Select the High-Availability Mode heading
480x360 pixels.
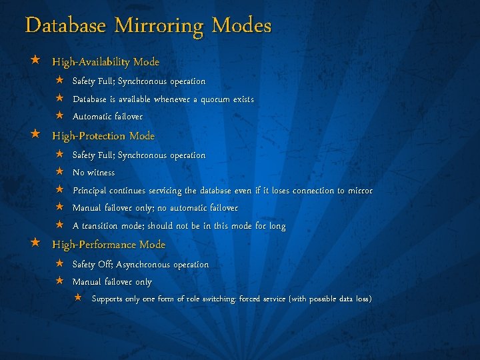pos(106,62)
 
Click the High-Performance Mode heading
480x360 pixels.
pos(109,245)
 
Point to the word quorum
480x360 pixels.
pos(210,99)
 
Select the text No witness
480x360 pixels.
pos(93,173)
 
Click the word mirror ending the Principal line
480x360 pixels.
pos(359,191)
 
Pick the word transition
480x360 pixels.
pos(103,227)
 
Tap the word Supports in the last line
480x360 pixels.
pos(107,299)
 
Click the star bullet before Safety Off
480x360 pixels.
pos(59,264)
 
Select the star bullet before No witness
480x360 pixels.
pos(59,172)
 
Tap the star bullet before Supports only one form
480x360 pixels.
pos(78,297)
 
